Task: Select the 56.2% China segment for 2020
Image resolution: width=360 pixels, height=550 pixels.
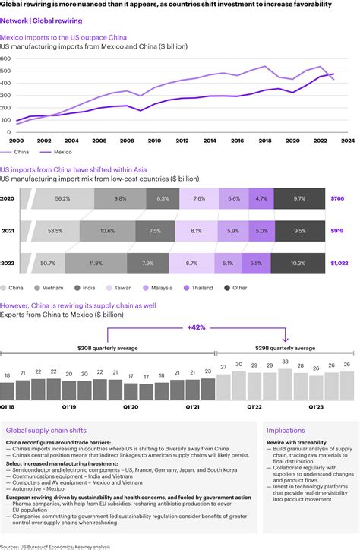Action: pos(62,198)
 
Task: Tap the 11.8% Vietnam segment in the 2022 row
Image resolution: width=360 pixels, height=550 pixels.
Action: pos(96,262)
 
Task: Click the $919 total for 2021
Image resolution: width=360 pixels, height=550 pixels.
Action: pos(337,230)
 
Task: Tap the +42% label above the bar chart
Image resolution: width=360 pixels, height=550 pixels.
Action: pos(197,327)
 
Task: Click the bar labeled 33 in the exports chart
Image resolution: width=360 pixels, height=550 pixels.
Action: pos(285,362)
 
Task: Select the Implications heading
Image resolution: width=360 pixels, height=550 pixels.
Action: pos(287,430)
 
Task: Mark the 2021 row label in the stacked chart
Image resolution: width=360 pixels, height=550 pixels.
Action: pos(8,230)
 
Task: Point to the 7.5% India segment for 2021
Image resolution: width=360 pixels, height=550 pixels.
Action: pos(155,230)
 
